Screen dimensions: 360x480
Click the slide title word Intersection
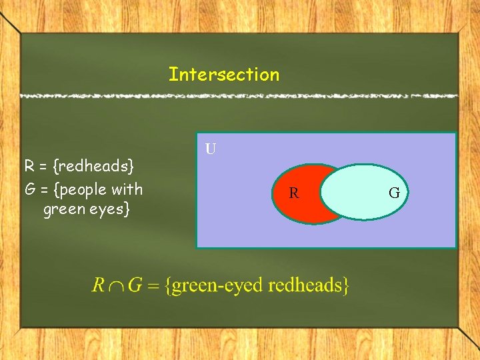point(224,74)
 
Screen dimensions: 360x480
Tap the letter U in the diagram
point(211,149)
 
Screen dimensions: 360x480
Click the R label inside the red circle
point(293,194)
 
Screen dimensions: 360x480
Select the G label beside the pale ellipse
point(394,194)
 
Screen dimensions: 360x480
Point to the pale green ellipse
point(363,192)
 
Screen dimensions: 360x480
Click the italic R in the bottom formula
point(98,286)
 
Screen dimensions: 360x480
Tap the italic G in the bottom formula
point(135,286)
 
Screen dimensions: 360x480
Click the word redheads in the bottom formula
point(309,286)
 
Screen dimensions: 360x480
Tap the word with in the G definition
point(129,189)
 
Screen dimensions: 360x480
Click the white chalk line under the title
point(240,96)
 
